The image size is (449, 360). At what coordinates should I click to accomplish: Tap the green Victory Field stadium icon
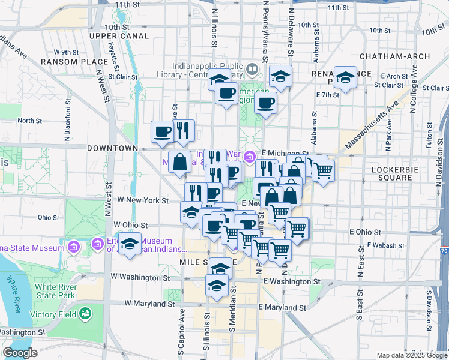point(85,313)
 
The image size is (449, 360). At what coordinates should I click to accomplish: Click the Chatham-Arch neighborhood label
point(394,56)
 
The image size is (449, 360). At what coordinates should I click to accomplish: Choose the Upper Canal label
point(119,36)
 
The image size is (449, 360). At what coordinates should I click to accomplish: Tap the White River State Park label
point(55,291)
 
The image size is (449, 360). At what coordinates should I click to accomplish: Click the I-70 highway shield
point(444,250)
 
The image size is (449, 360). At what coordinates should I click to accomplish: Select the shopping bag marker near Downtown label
point(180,161)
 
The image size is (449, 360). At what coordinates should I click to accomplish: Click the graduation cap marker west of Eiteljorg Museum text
point(130,244)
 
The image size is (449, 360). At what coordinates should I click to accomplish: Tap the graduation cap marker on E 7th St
point(345,78)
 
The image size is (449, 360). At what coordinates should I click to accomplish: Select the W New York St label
point(142,199)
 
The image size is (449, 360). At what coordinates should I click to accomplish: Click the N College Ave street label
point(413,97)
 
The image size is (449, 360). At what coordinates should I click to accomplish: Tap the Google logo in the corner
point(20,353)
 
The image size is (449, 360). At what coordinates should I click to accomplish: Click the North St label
point(29,121)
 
